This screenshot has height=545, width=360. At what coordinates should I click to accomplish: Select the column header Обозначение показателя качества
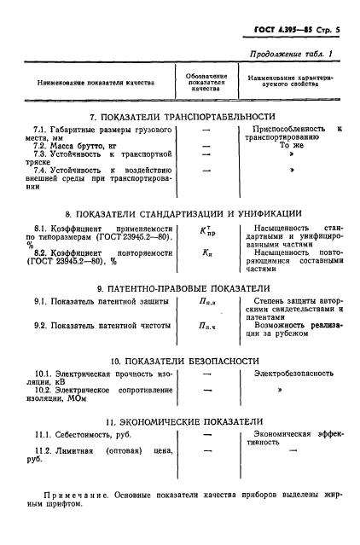coord(206,82)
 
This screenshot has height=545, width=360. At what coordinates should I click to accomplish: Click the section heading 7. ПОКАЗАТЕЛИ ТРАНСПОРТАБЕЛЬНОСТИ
coord(184,116)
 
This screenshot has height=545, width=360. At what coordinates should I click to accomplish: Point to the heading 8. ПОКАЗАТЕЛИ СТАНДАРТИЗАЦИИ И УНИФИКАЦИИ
coord(184,213)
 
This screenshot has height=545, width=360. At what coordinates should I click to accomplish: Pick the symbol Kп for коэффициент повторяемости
coord(205,253)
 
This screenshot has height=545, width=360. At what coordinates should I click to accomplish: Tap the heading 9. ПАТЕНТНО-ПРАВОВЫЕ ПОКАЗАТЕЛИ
coord(184,288)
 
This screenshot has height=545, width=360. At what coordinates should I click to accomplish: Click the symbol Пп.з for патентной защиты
coord(206,303)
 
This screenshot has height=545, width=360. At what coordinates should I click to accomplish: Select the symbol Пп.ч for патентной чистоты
coord(206,325)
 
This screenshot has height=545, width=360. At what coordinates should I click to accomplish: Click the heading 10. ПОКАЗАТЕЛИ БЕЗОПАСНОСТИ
coord(184,360)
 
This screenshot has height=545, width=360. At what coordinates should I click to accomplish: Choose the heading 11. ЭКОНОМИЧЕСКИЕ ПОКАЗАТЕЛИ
coord(184,421)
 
